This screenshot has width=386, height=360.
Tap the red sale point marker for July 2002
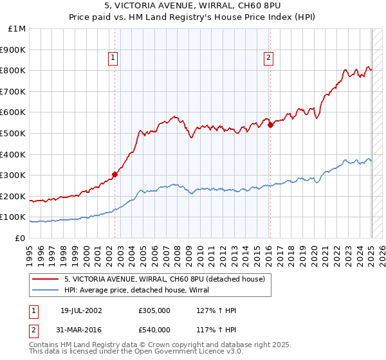[115, 174]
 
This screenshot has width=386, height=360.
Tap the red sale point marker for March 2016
[270, 125]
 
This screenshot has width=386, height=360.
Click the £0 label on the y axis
[20, 238]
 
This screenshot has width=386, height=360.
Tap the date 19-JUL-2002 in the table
[81, 310]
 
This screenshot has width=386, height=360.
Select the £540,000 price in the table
[154, 329]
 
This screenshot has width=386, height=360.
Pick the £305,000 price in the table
[154, 310]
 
